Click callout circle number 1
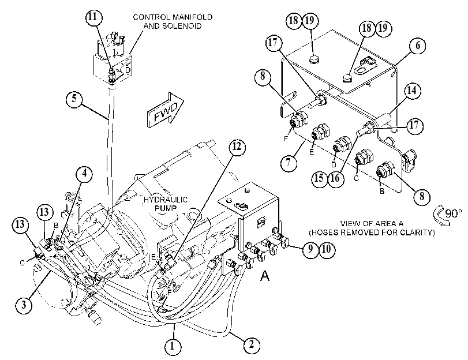tap(173, 347)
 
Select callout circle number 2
tap(252, 345)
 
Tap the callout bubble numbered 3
tap(24, 305)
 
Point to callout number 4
tap(84, 174)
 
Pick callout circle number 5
tap(74, 99)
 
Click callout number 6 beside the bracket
tap(418, 46)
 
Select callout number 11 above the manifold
tap(93, 17)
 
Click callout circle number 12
tap(237, 147)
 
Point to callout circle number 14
tap(412, 91)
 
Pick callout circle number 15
tap(319, 178)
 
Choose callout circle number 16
tap(335, 178)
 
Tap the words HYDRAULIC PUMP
tap(166, 204)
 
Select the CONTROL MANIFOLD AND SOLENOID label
tap(173, 21)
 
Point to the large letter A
tap(265, 276)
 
